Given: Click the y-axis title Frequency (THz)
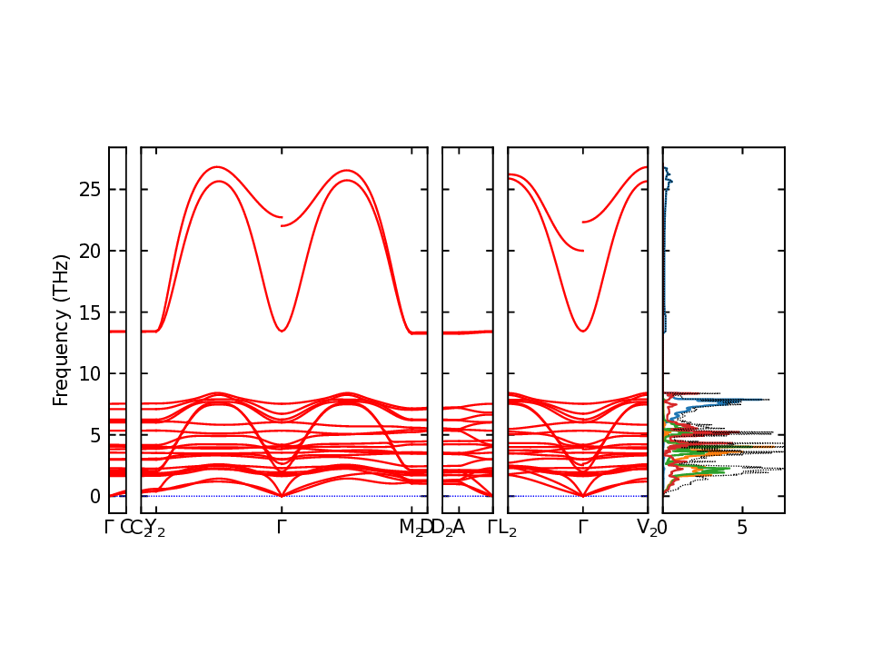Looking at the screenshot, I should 61,330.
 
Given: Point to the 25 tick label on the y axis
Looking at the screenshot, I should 89,189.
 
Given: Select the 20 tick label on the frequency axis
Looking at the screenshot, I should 89,251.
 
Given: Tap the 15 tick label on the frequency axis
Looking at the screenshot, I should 89,312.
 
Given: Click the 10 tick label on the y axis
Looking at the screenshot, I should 89,373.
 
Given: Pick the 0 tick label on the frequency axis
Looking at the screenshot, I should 94,497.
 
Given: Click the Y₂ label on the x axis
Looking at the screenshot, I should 155,528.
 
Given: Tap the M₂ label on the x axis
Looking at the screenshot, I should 410,528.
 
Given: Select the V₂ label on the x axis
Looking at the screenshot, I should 647,528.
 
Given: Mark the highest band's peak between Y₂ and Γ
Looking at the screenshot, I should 216,167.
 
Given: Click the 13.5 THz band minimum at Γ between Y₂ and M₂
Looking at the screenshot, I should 282,331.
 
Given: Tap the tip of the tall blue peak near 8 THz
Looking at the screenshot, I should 768,400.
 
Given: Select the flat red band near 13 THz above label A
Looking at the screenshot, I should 460,332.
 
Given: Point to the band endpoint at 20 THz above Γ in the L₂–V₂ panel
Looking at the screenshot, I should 582,251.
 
